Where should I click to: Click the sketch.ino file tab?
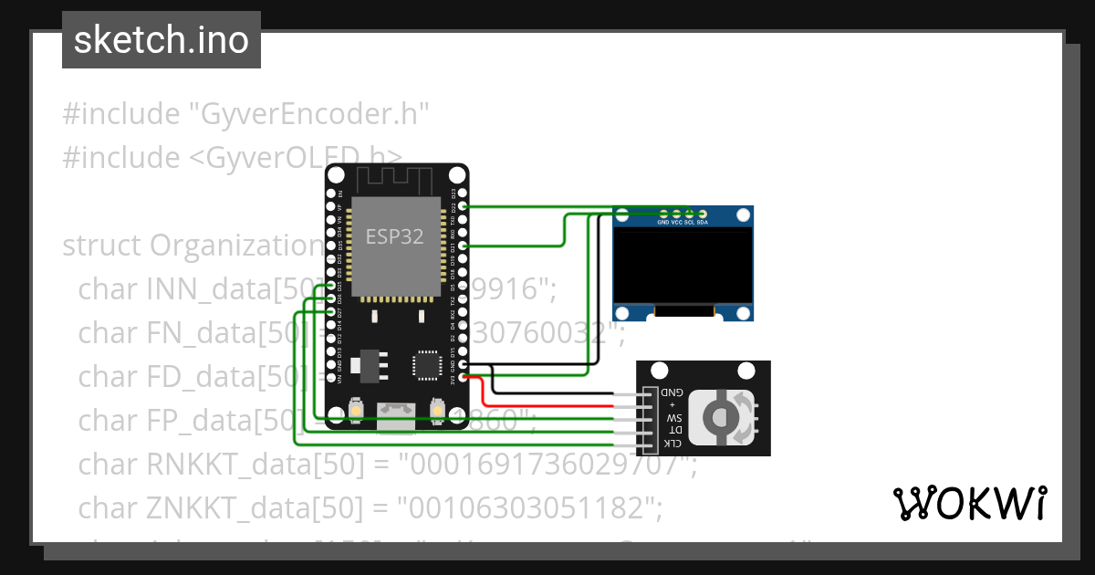[x=162, y=40]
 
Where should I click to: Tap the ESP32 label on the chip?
[x=394, y=236]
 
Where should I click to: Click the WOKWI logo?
[x=969, y=503]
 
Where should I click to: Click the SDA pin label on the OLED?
[x=702, y=223]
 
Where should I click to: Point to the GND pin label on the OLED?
[x=663, y=223]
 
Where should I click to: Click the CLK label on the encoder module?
[x=672, y=444]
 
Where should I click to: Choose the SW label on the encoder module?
[x=673, y=417]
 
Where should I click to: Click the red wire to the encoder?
[x=547, y=403]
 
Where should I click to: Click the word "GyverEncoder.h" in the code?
[x=308, y=115]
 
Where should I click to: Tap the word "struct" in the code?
[x=101, y=246]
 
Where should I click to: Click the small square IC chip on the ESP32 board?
[x=427, y=363]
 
